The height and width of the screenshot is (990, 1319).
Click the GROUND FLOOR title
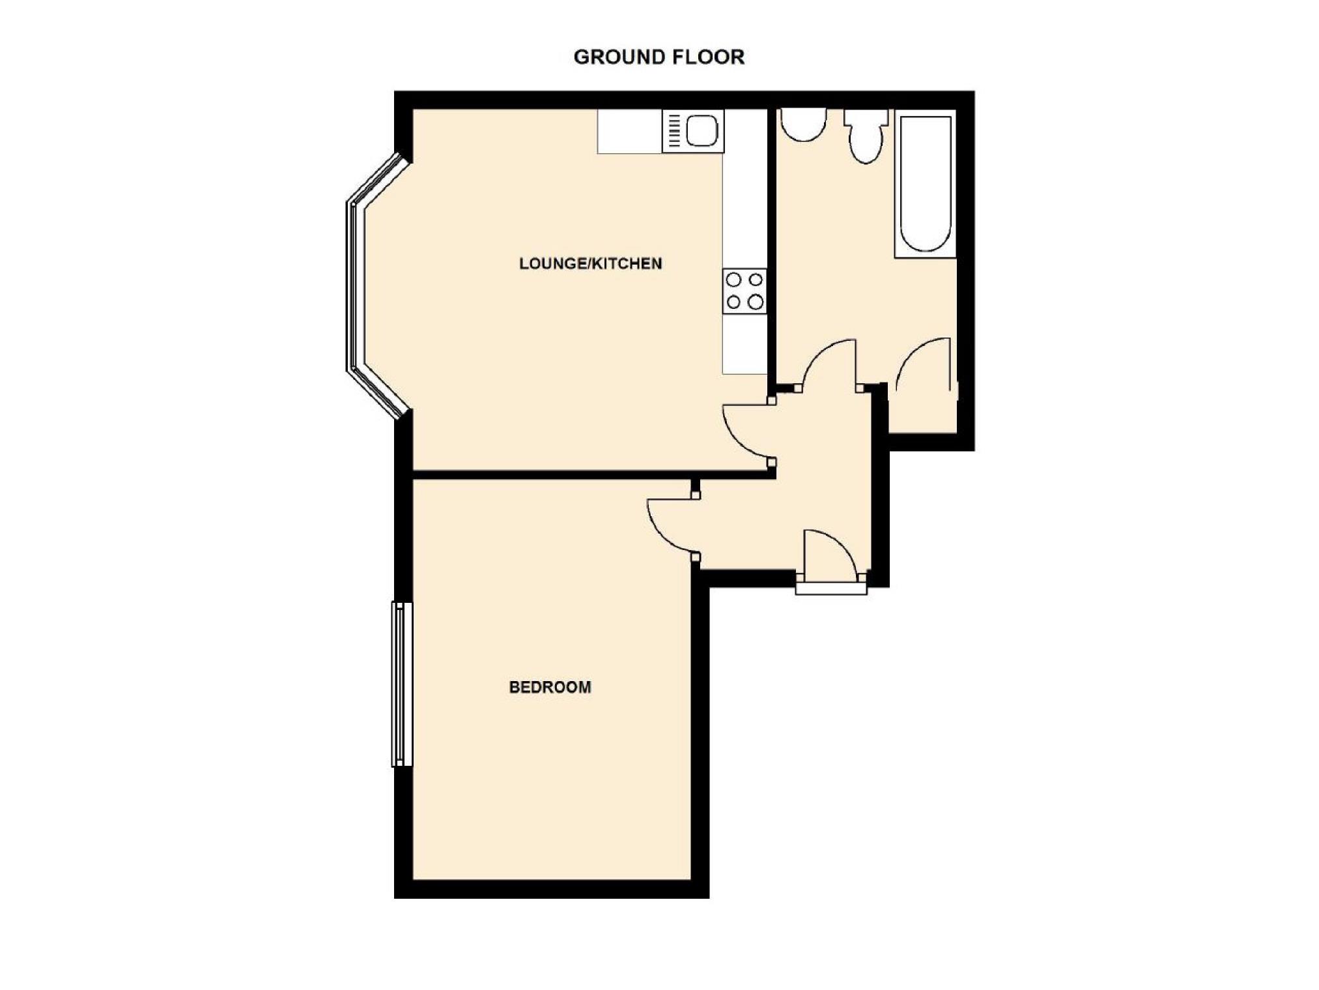tap(659, 57)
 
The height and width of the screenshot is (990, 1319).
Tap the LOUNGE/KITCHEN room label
tap(590, 263)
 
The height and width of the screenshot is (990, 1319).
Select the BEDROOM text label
tap(550, 687)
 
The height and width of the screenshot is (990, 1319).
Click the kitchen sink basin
tap(702, 130)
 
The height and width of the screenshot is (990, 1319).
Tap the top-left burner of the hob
tap(733, 280)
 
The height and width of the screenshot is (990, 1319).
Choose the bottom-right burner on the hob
tap(756, 302)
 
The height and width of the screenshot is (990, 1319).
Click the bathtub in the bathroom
tap(925, 183)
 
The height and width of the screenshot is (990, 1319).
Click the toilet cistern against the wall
tap(866, 117)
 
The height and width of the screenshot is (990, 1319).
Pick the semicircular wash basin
tap(804, 124)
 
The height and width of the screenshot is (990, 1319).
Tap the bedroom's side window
tap(402, 684)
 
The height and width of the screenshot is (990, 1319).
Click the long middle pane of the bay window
tap(355, 287)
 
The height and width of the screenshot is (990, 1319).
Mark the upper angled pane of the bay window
tap(378, 179)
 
